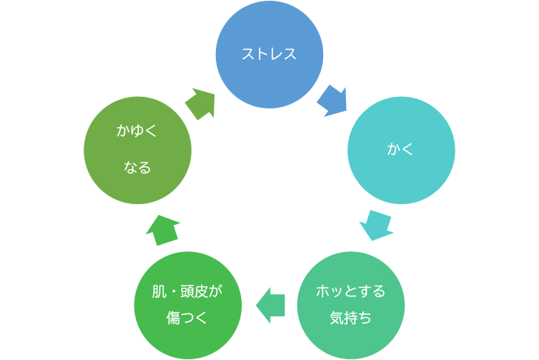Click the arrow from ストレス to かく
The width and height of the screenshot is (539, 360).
pyautogui.click(x=332, y=101)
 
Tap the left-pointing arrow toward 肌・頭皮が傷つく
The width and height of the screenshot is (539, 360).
pyautogui.click(x=271, y=305)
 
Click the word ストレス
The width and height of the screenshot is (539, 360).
pyautogui.click(x=269, y=54)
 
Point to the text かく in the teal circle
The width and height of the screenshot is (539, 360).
pyautogui.click(x=401, y=150)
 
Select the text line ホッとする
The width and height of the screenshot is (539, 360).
pyautogui.click(x=350, y=291)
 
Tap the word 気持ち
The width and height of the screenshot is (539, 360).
pyautogui.click(x=350, y=319)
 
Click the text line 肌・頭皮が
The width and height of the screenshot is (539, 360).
pyautogui.click(x=187, y=291)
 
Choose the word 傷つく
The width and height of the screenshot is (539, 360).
pyautogui.click(x=187, y=319)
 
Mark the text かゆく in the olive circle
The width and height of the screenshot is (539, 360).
pyautogui.click(x=138, y=132)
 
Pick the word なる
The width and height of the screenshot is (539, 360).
pyautogui.click(x=138, y=169)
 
